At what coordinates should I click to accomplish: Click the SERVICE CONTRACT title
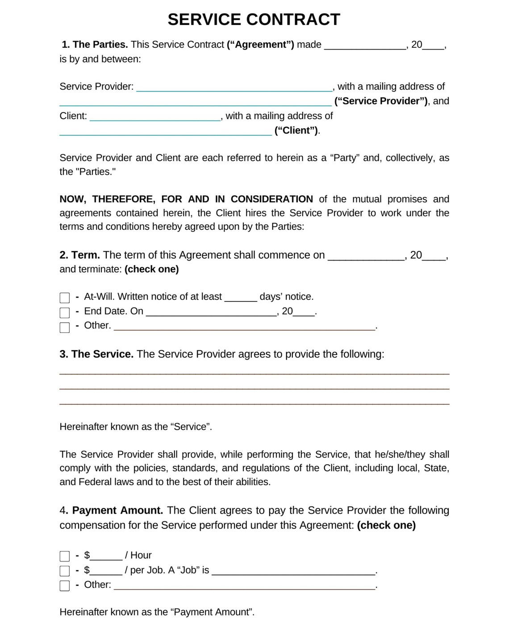pos(254,20)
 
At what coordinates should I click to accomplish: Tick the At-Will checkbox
pos(65,298)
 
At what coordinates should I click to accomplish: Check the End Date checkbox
pos(65,312)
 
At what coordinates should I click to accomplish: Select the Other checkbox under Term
pos(65,327)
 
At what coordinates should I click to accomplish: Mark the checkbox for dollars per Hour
pos(65,556)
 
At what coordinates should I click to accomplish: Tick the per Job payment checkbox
pos(65,571)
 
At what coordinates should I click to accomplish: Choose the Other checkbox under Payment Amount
pos(65,586)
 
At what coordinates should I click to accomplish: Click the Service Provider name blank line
pos(234,87)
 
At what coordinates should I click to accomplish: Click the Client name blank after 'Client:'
pos(155,117)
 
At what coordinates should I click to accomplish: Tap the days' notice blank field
pos(240,298)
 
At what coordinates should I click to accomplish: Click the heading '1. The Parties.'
pos(95,45)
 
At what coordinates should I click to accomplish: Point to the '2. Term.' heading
pos(79,255)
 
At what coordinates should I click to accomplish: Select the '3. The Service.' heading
pos(96,354)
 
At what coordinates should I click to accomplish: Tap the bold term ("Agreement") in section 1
pos(260,45)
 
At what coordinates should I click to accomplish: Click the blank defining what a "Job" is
pos(293,571)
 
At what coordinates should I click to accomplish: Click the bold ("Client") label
pos(296,131)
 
